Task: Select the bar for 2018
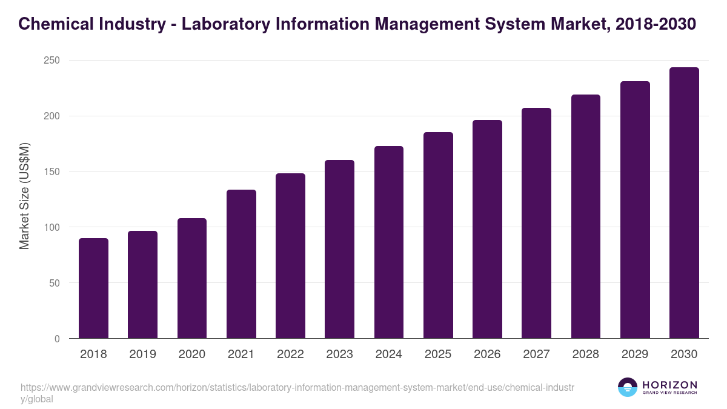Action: click(x=93, y=288)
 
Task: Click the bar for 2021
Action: click(x=241, y=264)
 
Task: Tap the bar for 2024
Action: click(x=388, y=242)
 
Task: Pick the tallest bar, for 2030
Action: click(x=684, y=203)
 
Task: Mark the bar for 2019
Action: click(x=142, y=285)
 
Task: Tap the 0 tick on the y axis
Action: click(x=57, y=339)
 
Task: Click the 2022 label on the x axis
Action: click(x=290, y=354)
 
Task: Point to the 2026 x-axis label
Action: click(x=487, y=354)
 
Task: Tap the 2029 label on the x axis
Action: click(x=635, y=354)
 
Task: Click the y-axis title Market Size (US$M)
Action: click(x=25, y=196)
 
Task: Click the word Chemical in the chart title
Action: click(x=56, y=24)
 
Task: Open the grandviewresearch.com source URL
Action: click(x=297, y=388)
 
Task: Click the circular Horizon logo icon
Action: click(x=628, y=387)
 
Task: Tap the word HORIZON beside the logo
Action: click(x=669, y=385)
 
